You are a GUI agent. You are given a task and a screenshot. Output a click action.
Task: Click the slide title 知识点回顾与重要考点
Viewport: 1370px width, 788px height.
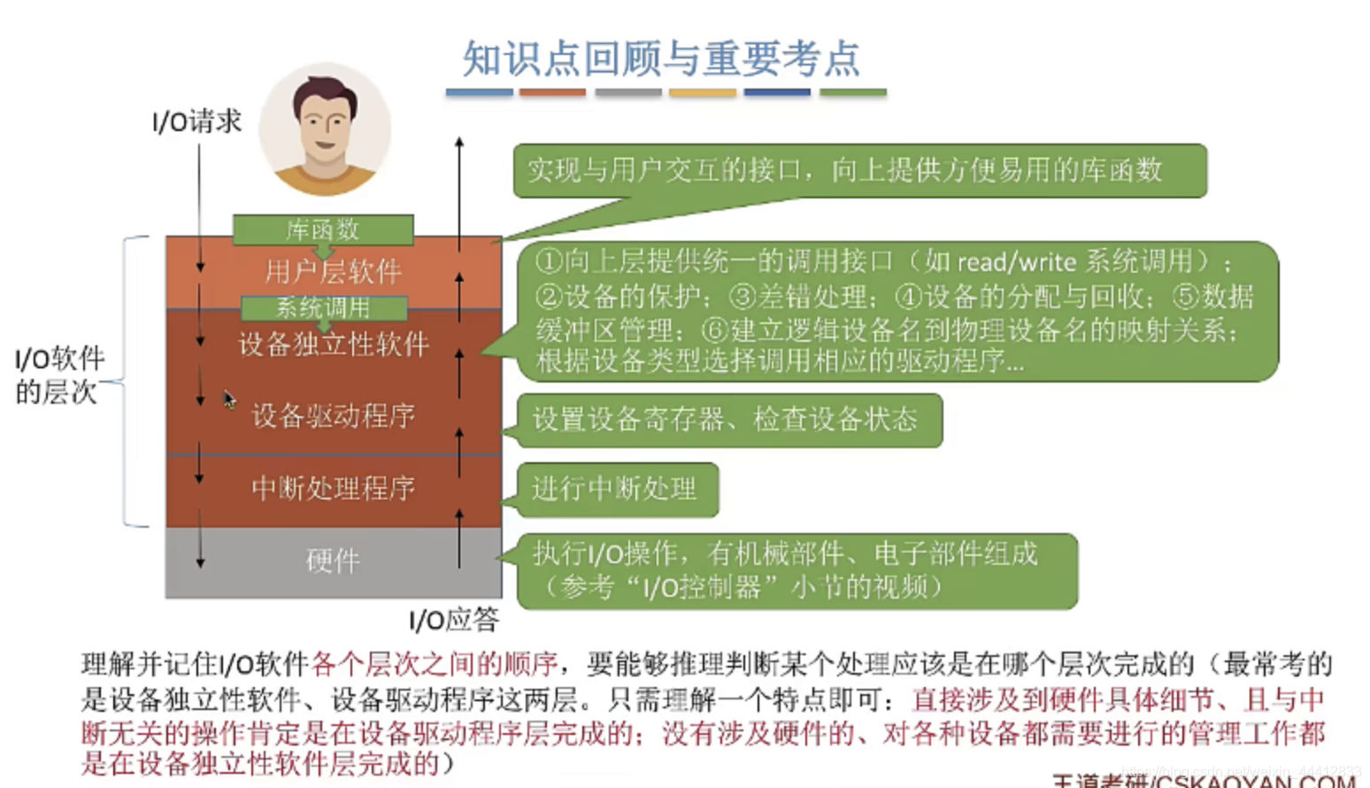click(x=661, y=59)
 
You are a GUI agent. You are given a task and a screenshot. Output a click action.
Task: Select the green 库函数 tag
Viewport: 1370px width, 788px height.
click(x=323, y=230)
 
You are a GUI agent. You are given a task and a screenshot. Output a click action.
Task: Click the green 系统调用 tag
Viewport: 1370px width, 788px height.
click(x=324, y=308)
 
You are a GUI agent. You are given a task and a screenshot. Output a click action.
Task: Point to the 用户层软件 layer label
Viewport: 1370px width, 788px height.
click(x=333, y=271)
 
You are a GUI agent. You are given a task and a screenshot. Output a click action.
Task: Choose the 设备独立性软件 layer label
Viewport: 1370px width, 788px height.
click(x=333, y=344)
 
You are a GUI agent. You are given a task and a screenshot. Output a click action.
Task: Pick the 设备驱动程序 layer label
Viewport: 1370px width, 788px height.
click(x=333, y=415)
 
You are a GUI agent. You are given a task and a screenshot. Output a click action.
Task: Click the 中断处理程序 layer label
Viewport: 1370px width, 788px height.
click(x=333, y=488)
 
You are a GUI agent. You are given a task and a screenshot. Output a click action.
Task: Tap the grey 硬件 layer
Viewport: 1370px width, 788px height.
click(x=333, y=560)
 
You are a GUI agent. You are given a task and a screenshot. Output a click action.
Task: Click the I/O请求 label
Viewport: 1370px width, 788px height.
click(x=196, y=121)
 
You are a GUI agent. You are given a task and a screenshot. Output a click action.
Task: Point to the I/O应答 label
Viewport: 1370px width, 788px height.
click(x=454, y=620)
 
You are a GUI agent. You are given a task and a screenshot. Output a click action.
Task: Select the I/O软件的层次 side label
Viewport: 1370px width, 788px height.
click(x=58, y=375)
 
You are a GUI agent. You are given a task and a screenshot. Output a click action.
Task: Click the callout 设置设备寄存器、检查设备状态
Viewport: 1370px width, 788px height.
click(x=726, y=420)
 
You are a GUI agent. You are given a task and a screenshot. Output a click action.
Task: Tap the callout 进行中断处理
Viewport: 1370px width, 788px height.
click(x=614, y=489)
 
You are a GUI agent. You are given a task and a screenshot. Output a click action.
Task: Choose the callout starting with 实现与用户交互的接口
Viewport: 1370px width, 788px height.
click(x=845, y=170)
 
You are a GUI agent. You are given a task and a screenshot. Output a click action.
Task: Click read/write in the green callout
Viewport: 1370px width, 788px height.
click(x=1017, y=262)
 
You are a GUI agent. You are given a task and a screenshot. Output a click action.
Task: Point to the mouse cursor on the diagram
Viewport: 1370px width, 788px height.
click(x=228, y=399)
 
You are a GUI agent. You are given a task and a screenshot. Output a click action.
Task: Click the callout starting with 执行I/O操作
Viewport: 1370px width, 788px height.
click(x=786, y=570)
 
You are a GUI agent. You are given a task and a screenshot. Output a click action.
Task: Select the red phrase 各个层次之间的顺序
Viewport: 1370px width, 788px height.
click(x=435, y=663)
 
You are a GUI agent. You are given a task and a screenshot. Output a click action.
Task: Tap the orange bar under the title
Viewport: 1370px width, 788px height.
click(x=552, y=92)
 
